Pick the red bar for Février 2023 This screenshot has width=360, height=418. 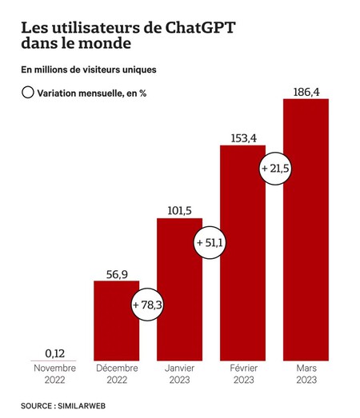pos(242,264)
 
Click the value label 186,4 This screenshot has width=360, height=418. pos(306,90)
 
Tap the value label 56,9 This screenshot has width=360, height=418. pos(116,272)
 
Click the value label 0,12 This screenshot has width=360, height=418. pos(54,351)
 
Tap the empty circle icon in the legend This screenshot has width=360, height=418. pos(28,93)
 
